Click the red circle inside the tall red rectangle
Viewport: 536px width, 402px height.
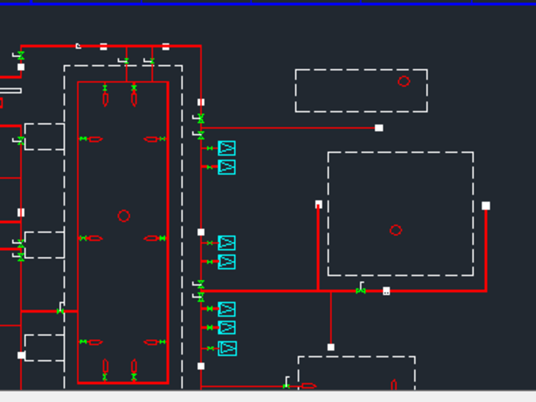[124, 215]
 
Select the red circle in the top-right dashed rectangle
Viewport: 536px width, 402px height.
[404, 81]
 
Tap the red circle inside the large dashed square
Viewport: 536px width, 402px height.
[396, 230]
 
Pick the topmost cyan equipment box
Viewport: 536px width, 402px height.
[227, 148]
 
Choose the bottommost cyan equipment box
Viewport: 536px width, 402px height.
[227, 348]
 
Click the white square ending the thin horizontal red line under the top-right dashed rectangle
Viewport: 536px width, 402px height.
[379, 128]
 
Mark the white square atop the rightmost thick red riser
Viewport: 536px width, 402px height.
[486, 206]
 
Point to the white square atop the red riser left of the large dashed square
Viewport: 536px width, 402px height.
[318, 204]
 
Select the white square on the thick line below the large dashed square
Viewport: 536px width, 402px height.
[386, 291]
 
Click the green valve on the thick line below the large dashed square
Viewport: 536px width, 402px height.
[360, 291]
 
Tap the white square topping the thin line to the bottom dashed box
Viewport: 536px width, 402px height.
[331, 347]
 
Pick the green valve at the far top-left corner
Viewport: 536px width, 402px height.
[21, 55]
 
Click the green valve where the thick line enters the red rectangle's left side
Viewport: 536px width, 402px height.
[60, 311]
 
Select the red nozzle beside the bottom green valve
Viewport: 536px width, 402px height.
[308, 386]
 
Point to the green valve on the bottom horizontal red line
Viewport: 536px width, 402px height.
[286, 386]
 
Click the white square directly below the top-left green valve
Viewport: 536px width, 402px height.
[21, 67]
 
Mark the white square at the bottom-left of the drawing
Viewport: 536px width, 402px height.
[21, 355]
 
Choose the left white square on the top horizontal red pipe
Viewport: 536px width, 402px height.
[103, 47]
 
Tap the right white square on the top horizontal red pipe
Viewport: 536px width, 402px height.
[166, 47]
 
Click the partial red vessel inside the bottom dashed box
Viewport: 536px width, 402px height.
[394, 385]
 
